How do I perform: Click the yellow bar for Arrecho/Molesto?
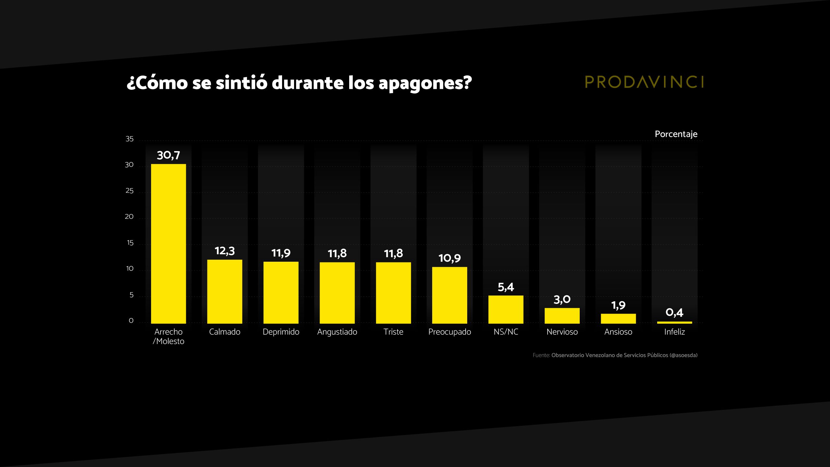168,243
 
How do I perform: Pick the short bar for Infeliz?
674,322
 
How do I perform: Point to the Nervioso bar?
562,315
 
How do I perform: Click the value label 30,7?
168,155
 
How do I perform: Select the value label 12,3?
225,251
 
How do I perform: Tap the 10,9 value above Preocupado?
449,258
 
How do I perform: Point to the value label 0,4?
674,313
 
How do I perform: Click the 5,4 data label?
506,287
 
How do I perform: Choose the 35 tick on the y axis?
129,139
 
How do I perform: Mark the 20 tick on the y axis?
129,217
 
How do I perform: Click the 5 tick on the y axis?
131,295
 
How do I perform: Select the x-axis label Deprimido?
281,332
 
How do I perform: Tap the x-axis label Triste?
393,332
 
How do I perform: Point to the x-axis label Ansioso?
618,332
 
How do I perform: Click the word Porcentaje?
676,134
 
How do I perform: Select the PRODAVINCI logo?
644,82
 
